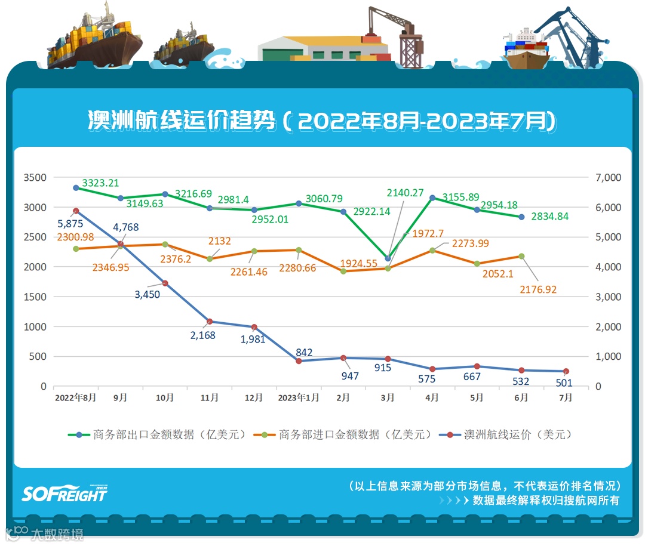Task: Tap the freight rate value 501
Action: pyautogui.click(x=564, y=383)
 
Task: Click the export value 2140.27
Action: pyautogui.click(x=405, y=193)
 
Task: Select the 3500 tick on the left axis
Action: pyautogui.click(x=35, y=178)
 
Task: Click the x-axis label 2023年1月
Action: pyautogui.click(x=299, y=397)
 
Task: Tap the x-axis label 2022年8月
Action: pyautogui.click(x=75, y=397)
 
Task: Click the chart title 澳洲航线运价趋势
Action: pyautogui.click(x=182, y=121)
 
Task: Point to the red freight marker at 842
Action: pyautogui.click(x=299, y=361)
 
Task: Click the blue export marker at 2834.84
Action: pyautogui.click(x=521, y=217)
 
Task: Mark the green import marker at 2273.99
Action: pyautogui.click(x=432, y=251)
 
